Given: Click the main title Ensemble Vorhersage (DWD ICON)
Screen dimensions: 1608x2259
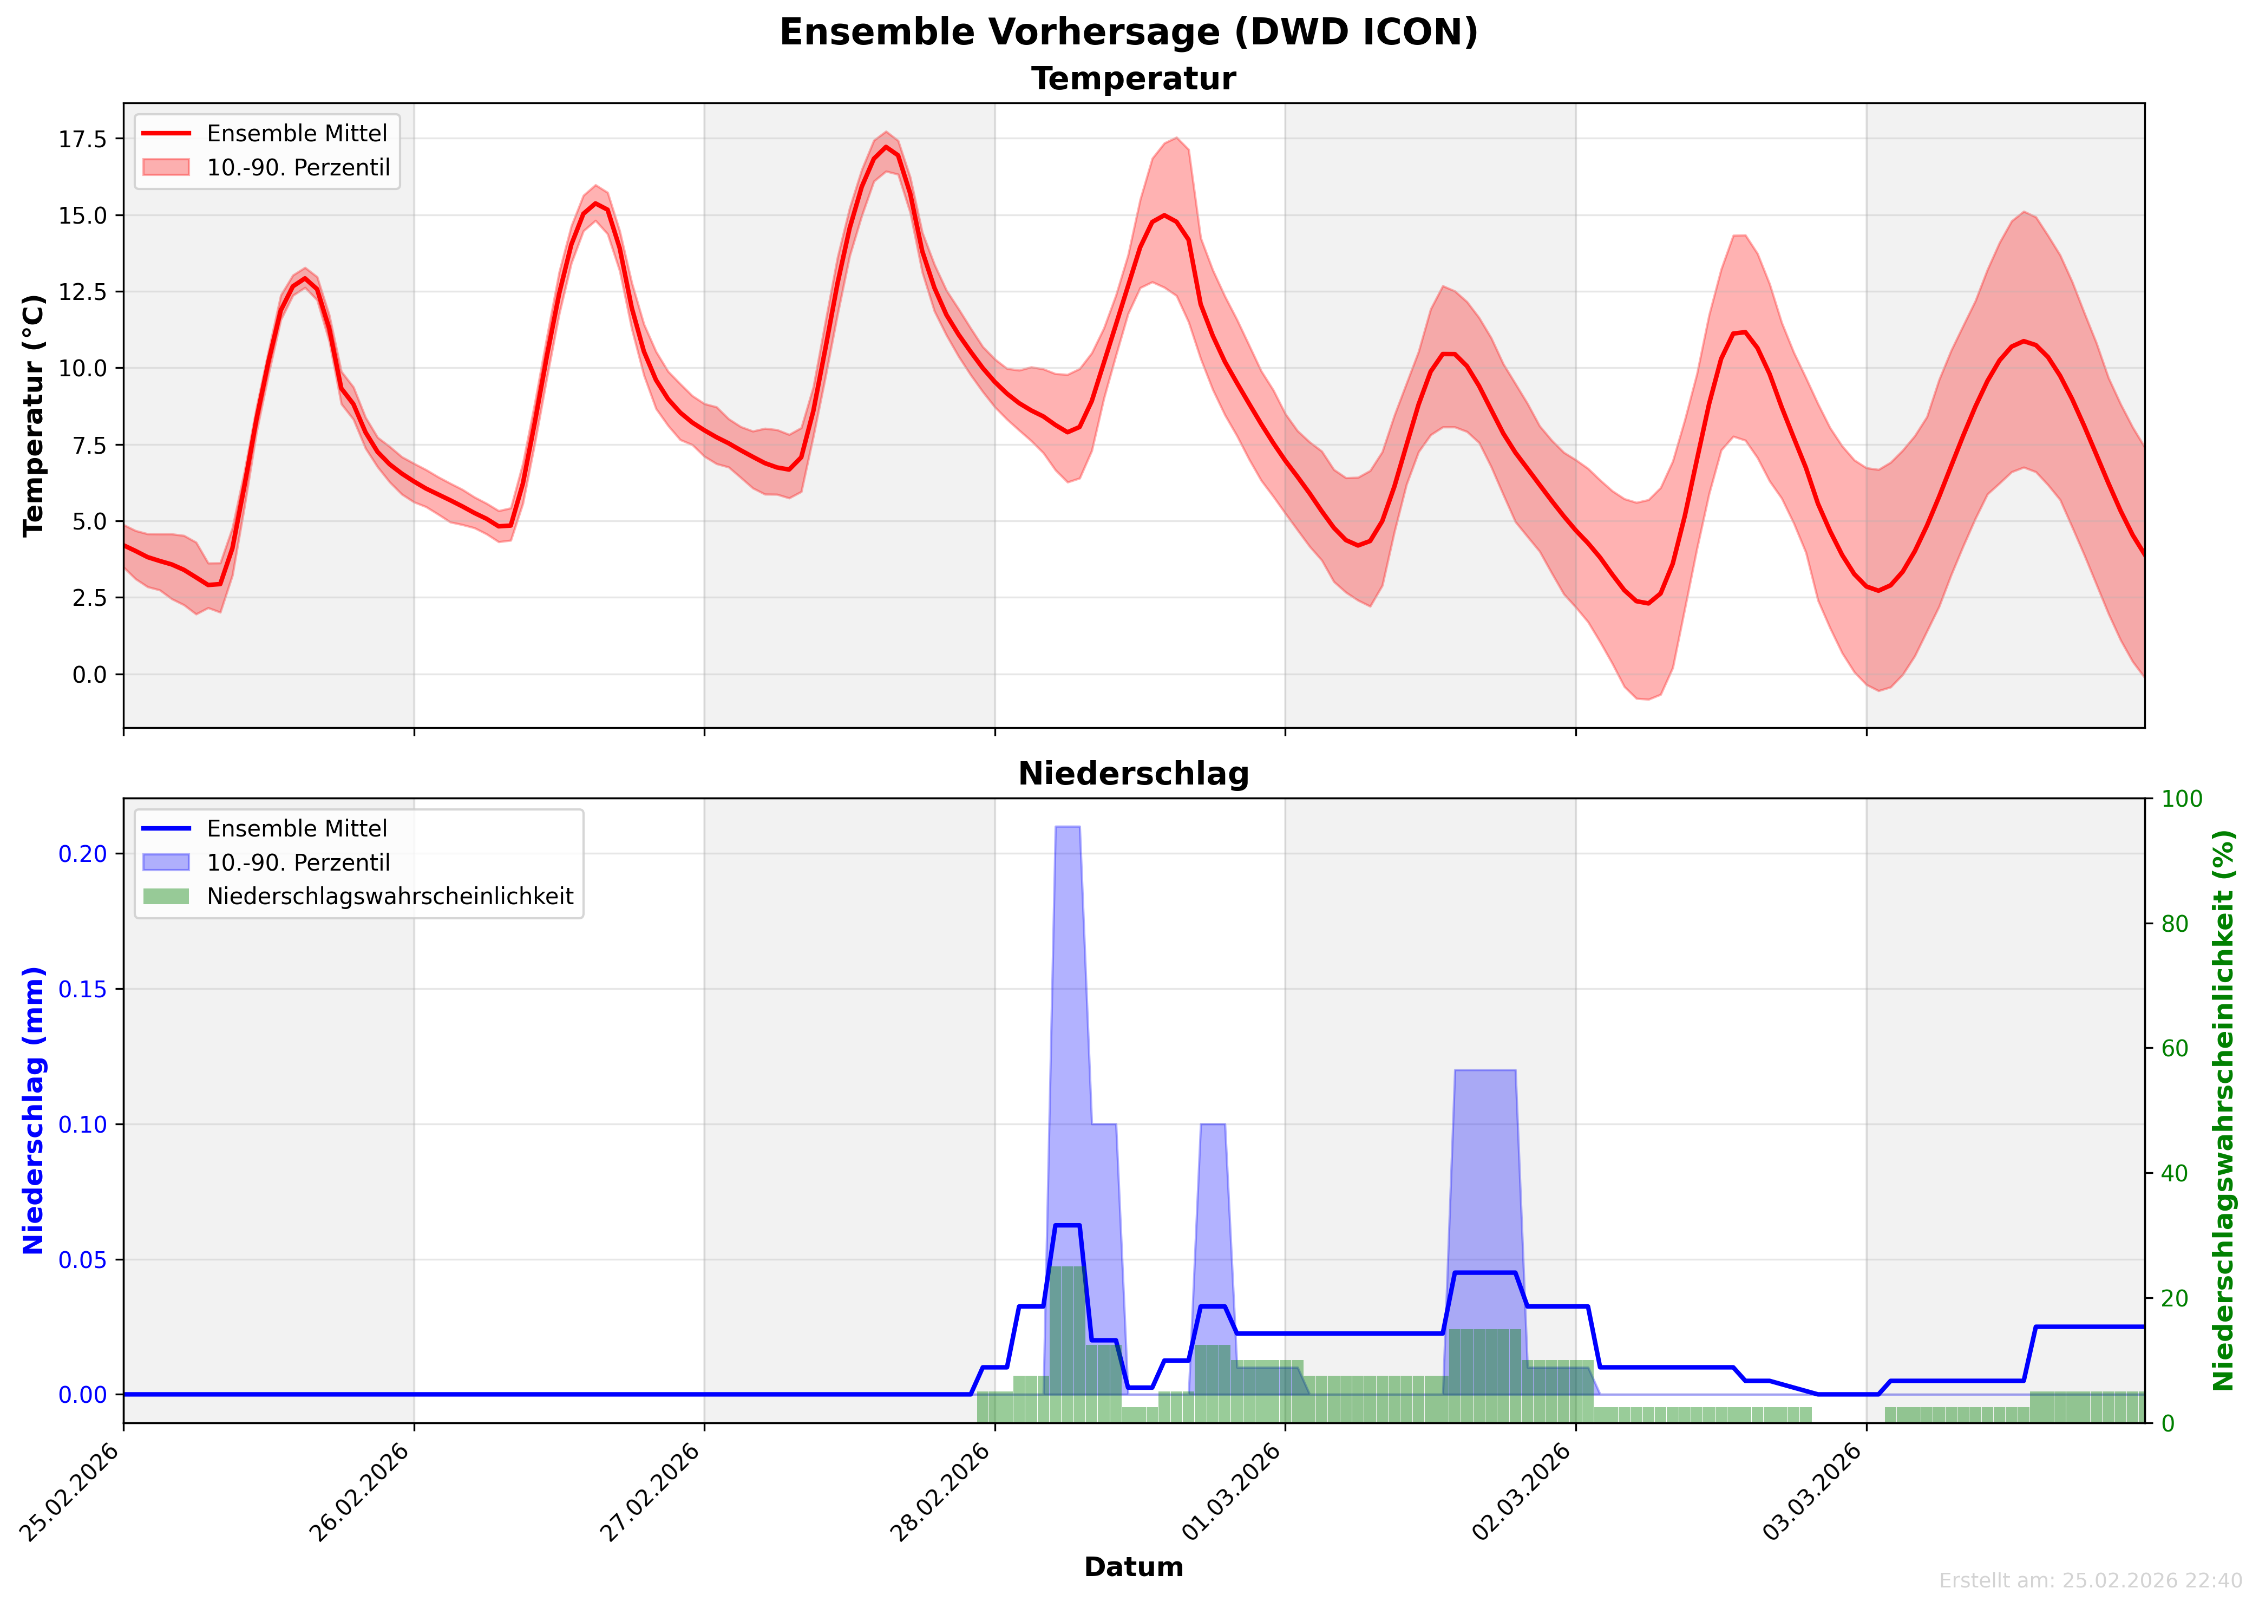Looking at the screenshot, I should [1129, 32].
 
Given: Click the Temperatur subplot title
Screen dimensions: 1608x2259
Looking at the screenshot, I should [1134, 79].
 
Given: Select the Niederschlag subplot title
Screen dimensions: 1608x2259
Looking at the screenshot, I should [1134, 774].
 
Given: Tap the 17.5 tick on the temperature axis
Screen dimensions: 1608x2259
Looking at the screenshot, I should [83, 140].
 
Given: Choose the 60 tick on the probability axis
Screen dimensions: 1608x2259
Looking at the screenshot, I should [2175, 1049].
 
